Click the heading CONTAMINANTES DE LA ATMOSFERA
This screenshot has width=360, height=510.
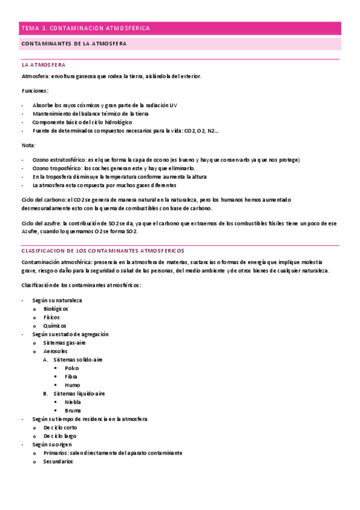(73, 44)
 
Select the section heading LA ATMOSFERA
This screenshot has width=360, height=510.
(43, 64)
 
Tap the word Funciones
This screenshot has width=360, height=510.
(35, 91)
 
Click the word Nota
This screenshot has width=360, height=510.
(28, 145)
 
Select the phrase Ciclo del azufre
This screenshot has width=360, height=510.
(41, 223)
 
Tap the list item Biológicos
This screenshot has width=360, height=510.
(56, 309)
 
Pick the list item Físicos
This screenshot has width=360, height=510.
(52, 317)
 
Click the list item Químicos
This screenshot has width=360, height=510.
(55, 325)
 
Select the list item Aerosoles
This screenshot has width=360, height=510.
(55, 351)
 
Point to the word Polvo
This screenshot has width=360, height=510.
(72, 367)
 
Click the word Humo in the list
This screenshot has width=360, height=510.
(72, 385)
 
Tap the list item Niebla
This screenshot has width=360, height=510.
(73, 402)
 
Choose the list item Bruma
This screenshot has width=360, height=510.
(73, 410)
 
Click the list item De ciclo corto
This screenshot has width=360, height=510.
(60, 427)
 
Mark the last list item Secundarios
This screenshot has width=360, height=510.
(58, 461)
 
